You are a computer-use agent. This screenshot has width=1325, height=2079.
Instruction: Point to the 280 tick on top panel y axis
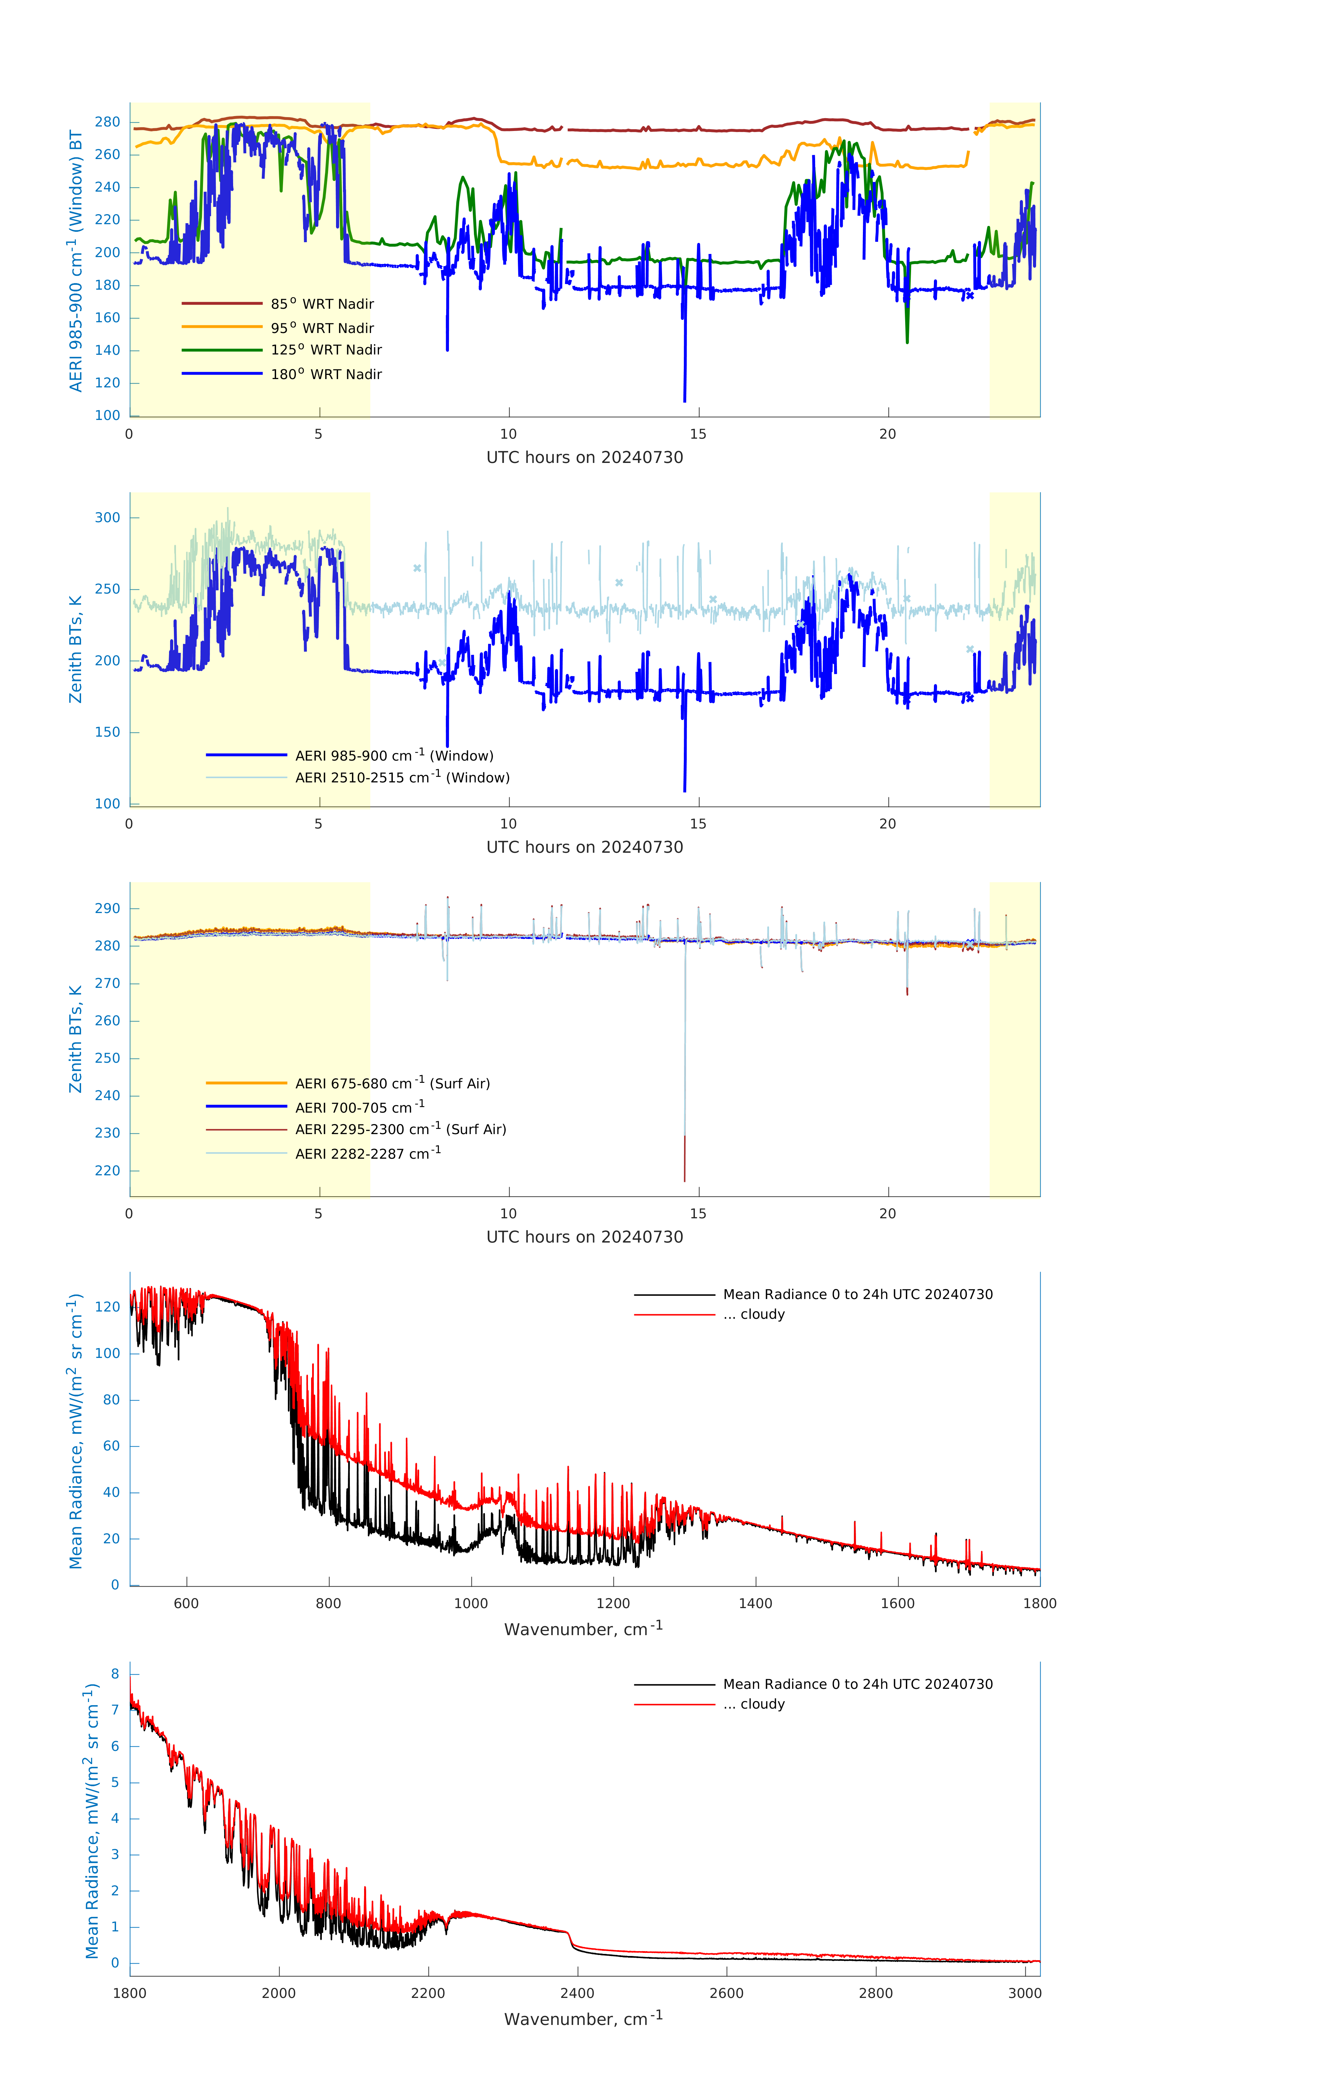point(108,122)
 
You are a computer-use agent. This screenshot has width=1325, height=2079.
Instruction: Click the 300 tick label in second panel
point(108,518)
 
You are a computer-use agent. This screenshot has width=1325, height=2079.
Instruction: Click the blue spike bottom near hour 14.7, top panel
point(684,401)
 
